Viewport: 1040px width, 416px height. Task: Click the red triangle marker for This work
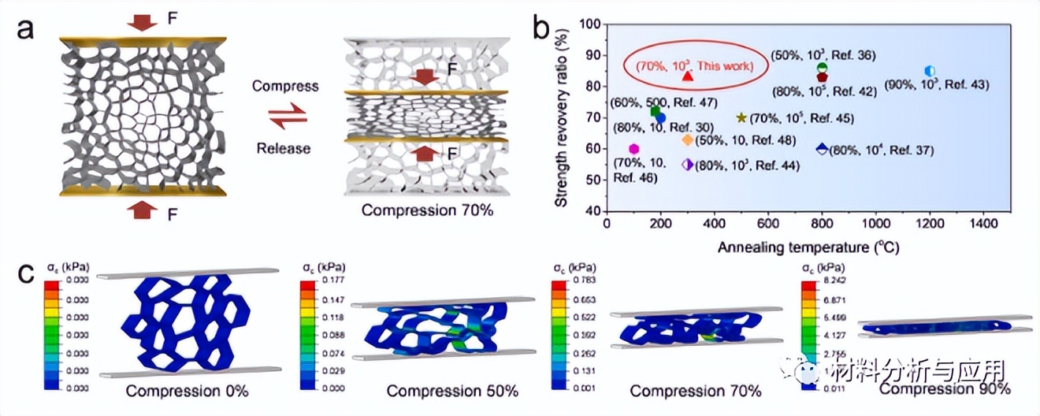click(x=687, y=75)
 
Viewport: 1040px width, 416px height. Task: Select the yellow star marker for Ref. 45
click(x=741, y=118)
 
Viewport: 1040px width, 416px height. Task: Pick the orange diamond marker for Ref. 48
click(x=687, y=139)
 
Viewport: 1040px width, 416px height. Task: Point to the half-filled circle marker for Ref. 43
click(x=930, y=71)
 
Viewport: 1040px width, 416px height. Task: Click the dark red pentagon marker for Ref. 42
click(x=822, y=77)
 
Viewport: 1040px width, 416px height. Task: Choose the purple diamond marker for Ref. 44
click(x=687, y=164)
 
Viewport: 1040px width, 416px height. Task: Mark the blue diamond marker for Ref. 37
click(x=822, y=148)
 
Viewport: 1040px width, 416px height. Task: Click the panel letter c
click(x=25, y=273)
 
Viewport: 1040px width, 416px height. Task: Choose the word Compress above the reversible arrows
click(x=285, y=86)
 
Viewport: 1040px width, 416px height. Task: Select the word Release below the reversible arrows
click(x=284, y=148)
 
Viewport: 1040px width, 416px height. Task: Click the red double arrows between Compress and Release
click(x=284, y=117)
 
